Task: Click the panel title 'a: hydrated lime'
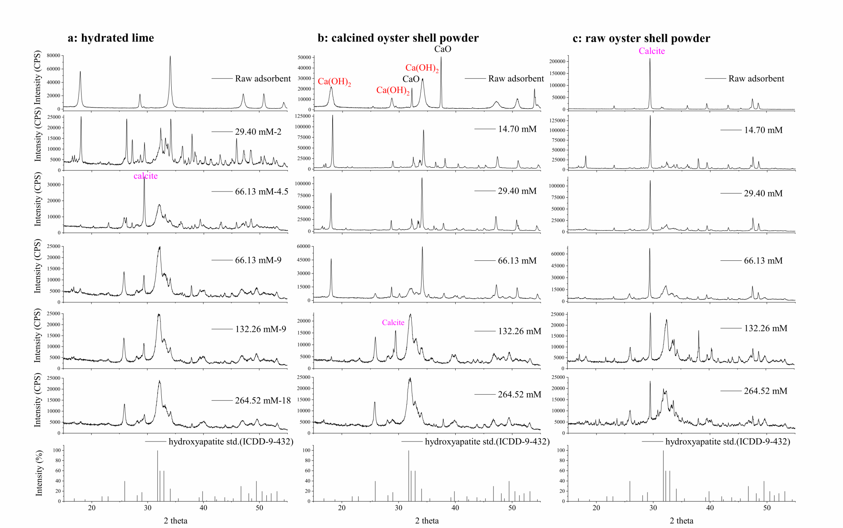coord(111,38)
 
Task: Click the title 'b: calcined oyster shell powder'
coord(398,38)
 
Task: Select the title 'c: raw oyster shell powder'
coord(641,38)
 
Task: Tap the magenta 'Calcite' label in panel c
coord(652,51)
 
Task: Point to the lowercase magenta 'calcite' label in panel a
coord(145,176)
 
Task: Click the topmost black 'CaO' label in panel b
coord(442,49)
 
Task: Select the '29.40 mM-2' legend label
coord(258,132)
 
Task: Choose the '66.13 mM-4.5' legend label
coord(261,192)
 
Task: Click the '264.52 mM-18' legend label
coord(263,400)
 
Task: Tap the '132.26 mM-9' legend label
coord(261,329)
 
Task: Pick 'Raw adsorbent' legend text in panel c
coord(756,79)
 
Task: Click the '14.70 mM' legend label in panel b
coord(517,129)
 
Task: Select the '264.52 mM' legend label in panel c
coord(765,391)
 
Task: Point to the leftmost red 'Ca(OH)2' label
coord(334,82)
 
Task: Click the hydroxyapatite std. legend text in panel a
coord(231,442)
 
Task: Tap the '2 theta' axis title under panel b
coord(427,521)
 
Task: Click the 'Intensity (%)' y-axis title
coord(39,475)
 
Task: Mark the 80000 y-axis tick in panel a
coord(54,56)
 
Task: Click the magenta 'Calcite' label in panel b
coord(393,322)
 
